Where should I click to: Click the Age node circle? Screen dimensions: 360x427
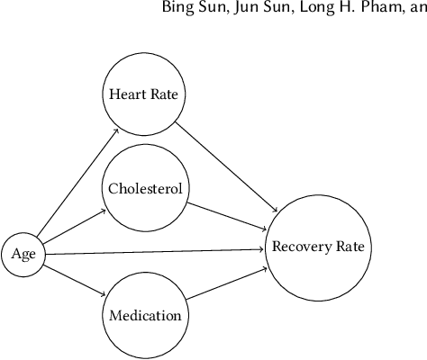pyautogui.click(x=23, y=254)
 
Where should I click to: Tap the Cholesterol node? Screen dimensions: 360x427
pyautogui.click(x=145, y=189)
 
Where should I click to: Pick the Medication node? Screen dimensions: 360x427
pyautogui.click(x=145, y=316)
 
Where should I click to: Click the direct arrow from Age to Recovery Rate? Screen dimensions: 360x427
pyautogui.click(x=153, y=251)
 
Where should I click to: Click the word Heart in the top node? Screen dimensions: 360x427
pyautogui.click(x=126, y=94)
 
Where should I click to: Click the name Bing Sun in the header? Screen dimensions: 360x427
pyautogui.click(x=214, y=11)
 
